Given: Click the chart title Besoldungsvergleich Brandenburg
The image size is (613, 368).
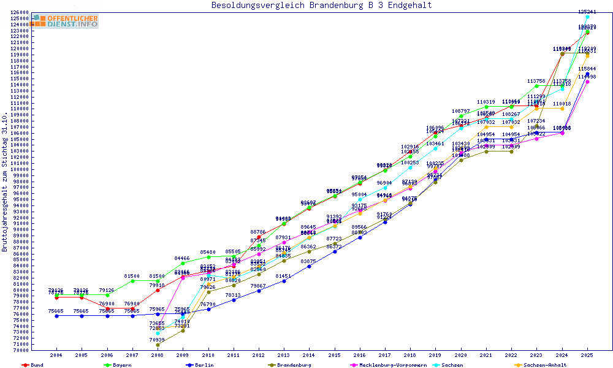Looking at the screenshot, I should pyautogui.click(x=321, y=6).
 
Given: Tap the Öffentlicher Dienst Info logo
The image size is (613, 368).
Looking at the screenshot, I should pyautogui.click(x=65, y=21).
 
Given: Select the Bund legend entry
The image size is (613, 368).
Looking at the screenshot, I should pyautogui.click(x=34, y=365).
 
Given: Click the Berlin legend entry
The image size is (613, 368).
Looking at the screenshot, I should pyautogui.click(x=203, y=365).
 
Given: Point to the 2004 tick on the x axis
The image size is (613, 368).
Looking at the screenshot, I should pyautogui.click(x=56, y=355).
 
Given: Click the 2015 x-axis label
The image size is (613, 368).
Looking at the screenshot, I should pyautogui.click(x=334, y=355).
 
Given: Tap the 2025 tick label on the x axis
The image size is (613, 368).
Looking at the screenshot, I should pyautogui.click(x=587, y=355).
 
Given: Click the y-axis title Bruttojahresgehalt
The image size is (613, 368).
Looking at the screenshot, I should pyautogui.click(x=5, y=182).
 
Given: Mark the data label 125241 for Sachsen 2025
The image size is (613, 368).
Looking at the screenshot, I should pyautogui.click(x=587, y=12).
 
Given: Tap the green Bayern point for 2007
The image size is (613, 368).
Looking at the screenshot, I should pyautogui.click(x=132, y=281).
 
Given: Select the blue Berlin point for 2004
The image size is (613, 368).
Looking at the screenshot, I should pyautogui.click(x=56, y=316).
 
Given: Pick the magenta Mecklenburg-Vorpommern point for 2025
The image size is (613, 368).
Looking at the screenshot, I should pyautogui.click(x=587, y=82).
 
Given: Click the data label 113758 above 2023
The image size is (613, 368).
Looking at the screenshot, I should pyautogui.click(x=536, y=81).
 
